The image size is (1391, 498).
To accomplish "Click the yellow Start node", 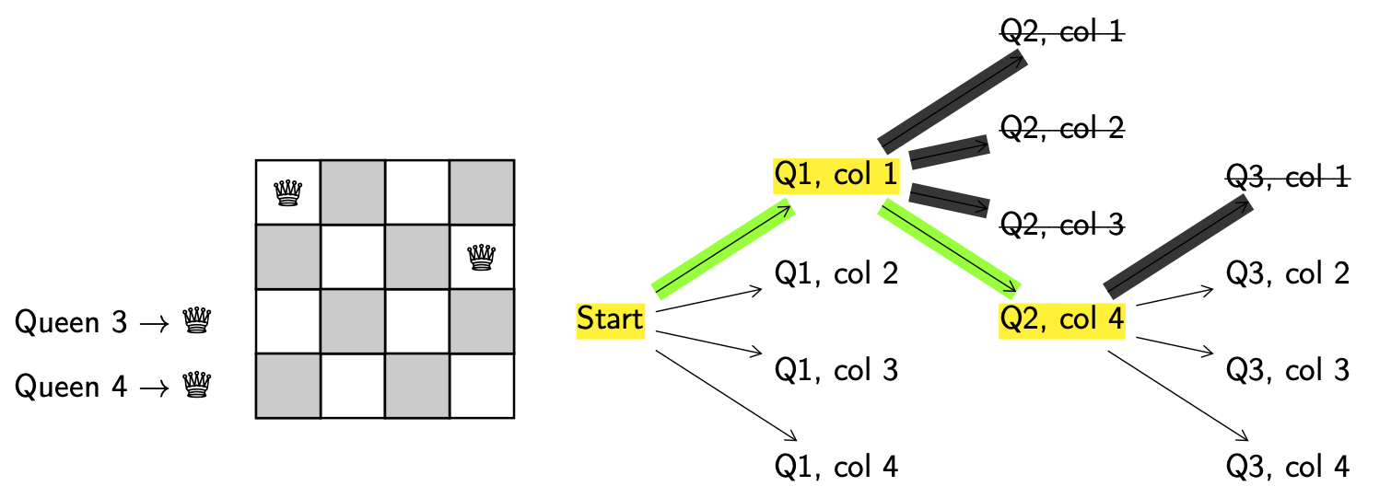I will tap(610, 319).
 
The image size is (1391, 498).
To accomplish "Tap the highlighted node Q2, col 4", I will tap(1062, 319).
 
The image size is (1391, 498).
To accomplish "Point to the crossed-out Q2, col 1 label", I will tap(1062, 33).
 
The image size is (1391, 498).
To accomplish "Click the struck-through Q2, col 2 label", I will tap(1062, 128).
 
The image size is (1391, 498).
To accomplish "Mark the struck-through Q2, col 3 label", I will tap(1062, 224).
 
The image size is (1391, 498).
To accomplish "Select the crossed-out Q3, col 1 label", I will tap(1288, 176).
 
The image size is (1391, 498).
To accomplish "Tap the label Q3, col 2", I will tap(1288, 273).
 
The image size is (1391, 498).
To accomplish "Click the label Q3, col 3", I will tap(1288, 369).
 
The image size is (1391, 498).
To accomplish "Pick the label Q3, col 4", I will tap(1288, 467).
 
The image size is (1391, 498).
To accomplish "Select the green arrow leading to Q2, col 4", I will tap(949, 249).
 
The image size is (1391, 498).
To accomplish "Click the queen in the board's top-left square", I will tap(288, 192).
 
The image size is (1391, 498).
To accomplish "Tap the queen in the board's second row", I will tap(481, 258).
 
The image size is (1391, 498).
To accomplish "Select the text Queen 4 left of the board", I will tap(71, 386).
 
